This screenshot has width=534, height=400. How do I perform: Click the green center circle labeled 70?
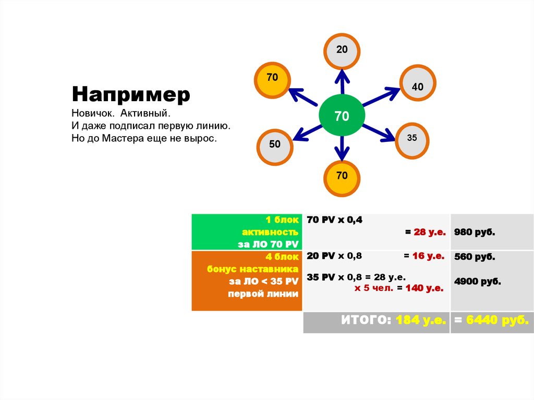coord(342,116)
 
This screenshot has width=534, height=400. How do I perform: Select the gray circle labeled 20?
coord(342,51)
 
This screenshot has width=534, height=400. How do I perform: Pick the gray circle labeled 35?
coord(412,140)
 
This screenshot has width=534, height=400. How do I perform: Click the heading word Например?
coord(131,95)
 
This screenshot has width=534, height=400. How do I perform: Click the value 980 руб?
coord(475,232)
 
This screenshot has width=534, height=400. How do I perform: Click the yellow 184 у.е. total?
coord(420,321)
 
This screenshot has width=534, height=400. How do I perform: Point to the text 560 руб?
coord(475,257)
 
